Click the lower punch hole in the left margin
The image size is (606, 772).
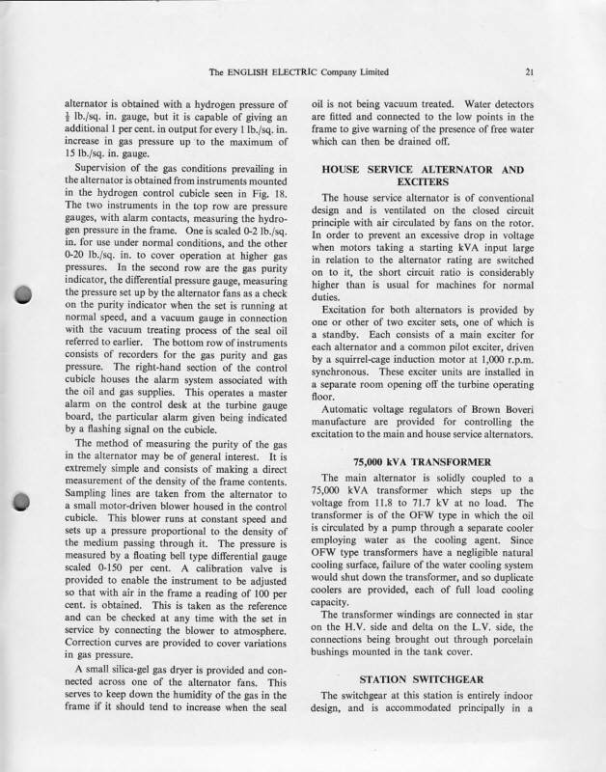[x=26, y=502]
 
